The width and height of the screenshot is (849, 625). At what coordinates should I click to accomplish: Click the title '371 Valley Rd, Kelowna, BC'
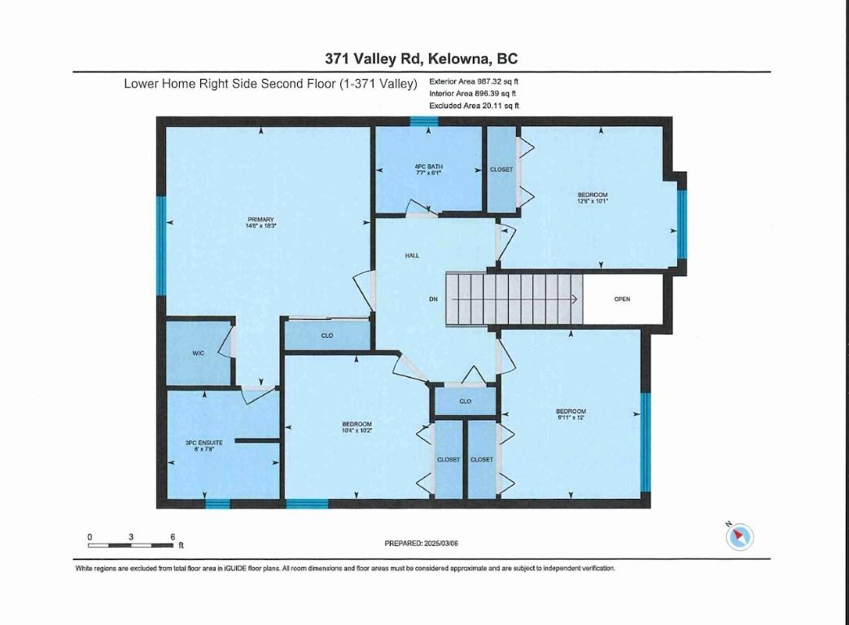[422, 59]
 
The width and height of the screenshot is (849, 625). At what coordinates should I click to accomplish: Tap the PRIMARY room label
[261, 222]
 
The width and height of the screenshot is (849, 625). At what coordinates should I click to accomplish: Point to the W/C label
[198, 353]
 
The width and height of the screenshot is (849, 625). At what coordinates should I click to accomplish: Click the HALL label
[413, 256]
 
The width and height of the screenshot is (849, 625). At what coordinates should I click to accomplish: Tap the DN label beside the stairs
[434, 299]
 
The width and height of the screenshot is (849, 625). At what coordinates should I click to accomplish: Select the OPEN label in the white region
[622, 299]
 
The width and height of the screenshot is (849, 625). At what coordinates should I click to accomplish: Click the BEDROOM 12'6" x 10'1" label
[593, 198]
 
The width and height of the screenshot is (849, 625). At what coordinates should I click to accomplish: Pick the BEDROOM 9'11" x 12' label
[571, 414]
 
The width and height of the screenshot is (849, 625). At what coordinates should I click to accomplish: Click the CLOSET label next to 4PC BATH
[501, 169]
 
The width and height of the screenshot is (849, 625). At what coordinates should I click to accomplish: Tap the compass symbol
[740, 535]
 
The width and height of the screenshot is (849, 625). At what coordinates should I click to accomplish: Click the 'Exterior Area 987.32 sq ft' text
[474, 82]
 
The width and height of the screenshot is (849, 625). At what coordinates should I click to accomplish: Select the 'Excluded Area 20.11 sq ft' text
[474, 106]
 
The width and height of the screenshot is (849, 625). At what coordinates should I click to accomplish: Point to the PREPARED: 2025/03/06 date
[427, 543]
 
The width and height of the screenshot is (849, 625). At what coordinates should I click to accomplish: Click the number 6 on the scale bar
[173, 537]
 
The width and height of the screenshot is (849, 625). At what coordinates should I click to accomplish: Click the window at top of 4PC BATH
[424, 121]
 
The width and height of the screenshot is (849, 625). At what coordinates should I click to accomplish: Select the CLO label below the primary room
[326, 335]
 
